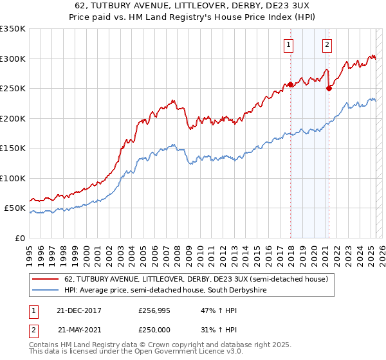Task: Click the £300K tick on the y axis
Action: pos(13,59)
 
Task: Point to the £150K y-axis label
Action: pos(13,148)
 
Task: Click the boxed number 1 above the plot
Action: pos(288,45)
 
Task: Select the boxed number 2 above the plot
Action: pos(327,45)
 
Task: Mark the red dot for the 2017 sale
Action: pos(291,84)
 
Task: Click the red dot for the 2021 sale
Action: pos(329,89)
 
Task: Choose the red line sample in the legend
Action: pos(46,279)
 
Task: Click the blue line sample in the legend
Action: pos(46,291)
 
